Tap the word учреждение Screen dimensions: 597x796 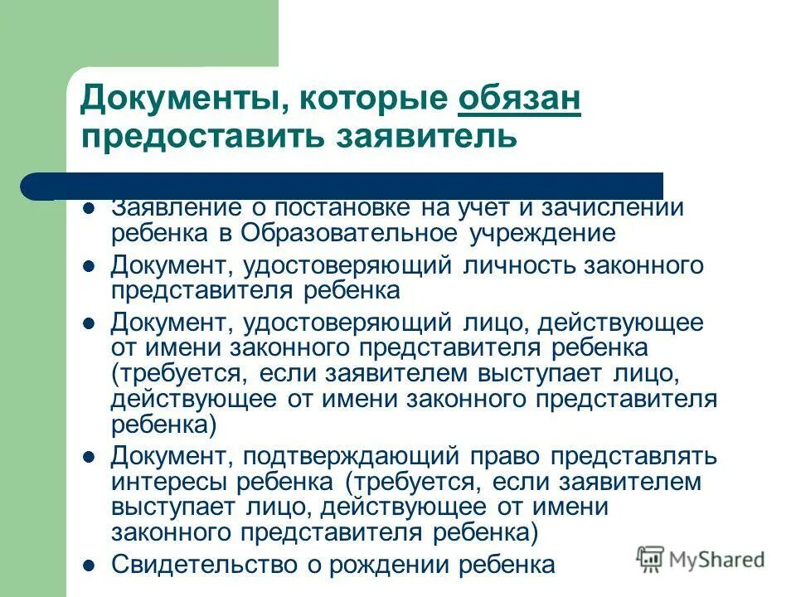click(543, 233)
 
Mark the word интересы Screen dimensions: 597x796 click(163, 481)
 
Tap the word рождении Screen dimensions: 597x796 click(410, 565)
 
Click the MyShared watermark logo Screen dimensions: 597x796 click(701, 558)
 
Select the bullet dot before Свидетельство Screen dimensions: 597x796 click(90, 565)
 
